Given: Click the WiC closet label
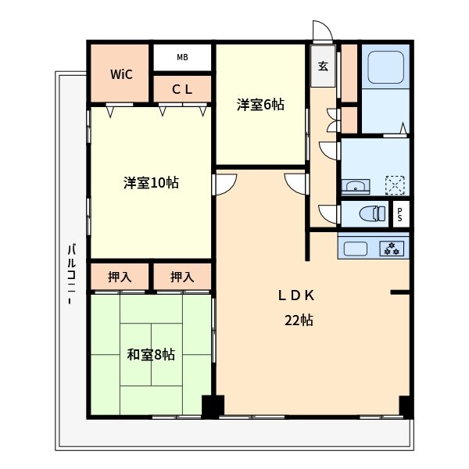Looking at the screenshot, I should coord(120,75).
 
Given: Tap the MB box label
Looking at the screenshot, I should coord(182,57).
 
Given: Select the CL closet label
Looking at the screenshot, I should coord(182,90).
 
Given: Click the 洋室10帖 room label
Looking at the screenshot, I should coord(151,183).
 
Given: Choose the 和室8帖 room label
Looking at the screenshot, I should coord(151,354).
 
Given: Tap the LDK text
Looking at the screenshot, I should coord(297,295).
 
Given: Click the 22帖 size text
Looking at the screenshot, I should coord(298,320).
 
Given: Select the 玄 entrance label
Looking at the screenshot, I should coord(323,66).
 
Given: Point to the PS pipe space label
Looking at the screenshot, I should coord(401,213).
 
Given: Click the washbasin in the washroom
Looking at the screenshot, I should coord(356,186).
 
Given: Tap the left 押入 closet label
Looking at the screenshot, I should coord(119,277).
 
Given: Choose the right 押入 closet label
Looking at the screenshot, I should coord(182,277).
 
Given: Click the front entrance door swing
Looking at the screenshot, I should coord(321,30).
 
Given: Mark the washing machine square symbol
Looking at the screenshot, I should coord(396,185).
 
